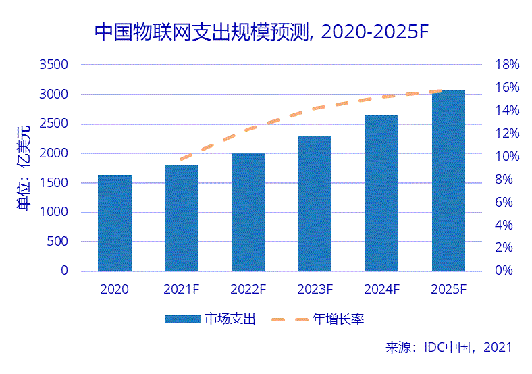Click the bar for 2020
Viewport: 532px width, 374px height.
coord(115,223)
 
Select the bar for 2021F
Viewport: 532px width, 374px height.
coord(181,218)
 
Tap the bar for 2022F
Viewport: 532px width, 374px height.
coord(248,211)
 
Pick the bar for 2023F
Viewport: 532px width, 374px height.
coord(315,203)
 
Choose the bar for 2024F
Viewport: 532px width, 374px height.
coord(381,193)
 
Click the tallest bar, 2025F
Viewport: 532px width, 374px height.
coord(448,180)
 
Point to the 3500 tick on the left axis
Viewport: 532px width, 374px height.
coord(55,65)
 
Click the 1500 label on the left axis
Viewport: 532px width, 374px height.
coord(55,183)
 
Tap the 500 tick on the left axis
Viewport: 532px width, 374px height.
coord(59,242)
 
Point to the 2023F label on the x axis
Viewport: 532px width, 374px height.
coord(315,290)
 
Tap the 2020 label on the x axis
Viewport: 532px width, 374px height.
coord(115,290)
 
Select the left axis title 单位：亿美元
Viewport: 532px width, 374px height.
coord(24,168)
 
